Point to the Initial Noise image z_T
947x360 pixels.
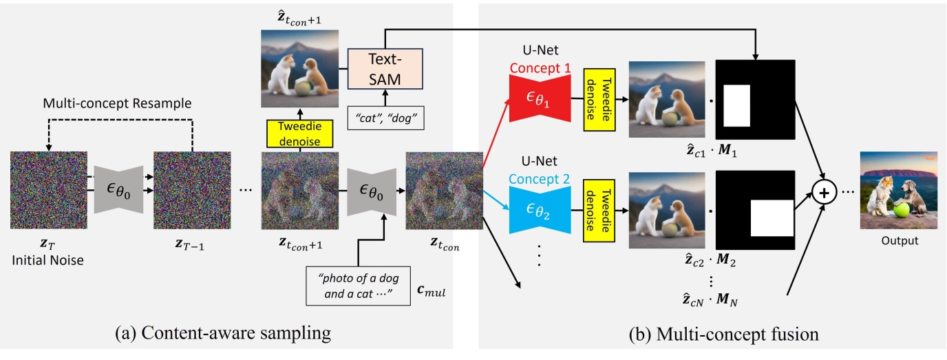click(x=49, y=190)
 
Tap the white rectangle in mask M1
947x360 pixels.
click(x=736, y=105)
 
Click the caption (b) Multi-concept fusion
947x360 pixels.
click(x=723, y=335)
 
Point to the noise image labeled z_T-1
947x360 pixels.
click(x=192, y=190)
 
